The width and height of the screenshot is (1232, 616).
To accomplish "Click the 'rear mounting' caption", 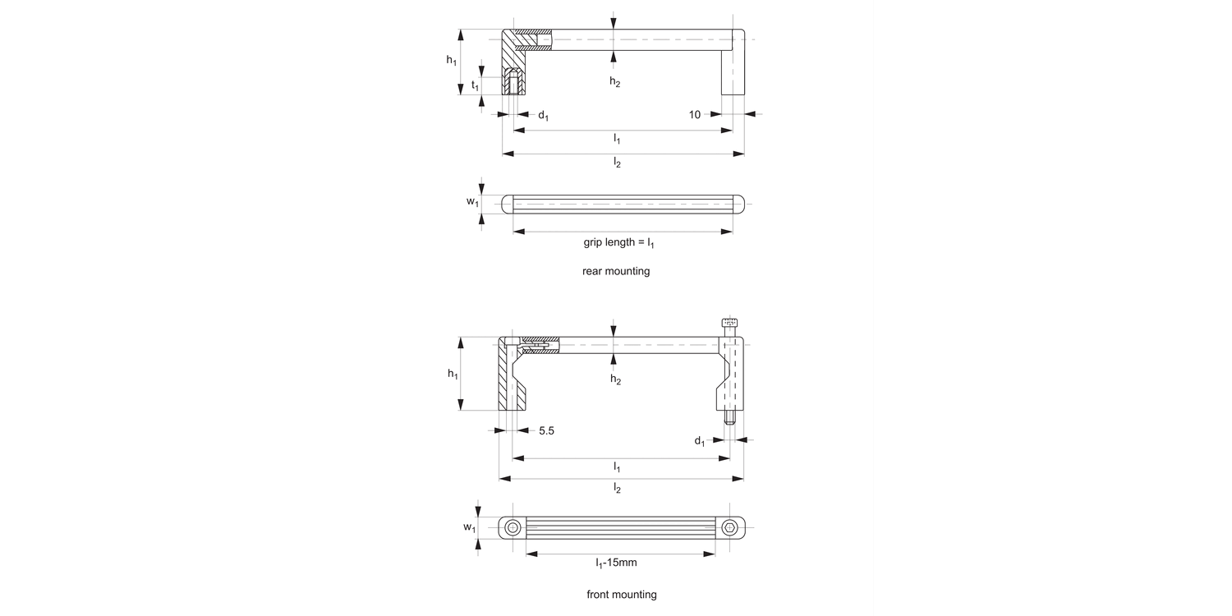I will click(616, 271).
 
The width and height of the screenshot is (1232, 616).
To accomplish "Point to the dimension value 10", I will click(695, 115).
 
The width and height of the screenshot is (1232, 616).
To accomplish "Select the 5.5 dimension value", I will click(547, 430).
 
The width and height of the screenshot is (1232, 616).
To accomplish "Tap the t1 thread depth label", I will click(476, 85).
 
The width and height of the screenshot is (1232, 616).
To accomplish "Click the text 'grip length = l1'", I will click(618, 243).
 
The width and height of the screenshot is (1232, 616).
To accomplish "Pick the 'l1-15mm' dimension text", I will click(617, 563).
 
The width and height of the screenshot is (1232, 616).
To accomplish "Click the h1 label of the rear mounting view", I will click(451, 60).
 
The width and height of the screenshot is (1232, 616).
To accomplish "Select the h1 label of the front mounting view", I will click(453, 375).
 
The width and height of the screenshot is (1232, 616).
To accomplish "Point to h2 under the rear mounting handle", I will click(614, 81).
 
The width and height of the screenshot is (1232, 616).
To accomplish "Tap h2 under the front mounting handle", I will click(615, 379).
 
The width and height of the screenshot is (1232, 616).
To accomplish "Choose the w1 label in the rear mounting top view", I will click(472, 202).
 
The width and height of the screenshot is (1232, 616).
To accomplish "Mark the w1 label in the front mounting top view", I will click(469, 527).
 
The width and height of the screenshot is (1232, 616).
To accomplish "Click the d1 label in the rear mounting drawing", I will click(543, 116).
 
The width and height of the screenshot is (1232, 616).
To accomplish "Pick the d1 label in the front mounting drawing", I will click(699, 441).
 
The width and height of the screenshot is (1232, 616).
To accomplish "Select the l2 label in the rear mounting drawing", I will click(617, 163).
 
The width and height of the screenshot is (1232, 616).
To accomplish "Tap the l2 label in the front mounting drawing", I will click(617, 488).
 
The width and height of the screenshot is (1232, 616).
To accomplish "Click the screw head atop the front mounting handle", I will click(729, 322).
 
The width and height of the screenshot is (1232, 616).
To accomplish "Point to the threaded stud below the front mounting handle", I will click(729, 418).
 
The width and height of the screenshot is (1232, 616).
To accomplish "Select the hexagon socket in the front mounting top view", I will click(730, 527).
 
